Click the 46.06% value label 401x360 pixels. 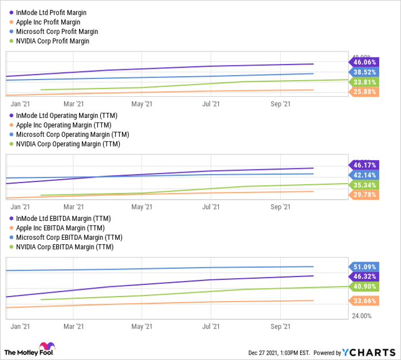(x=364, y=62)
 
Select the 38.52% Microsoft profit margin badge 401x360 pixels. (x=364, y=73)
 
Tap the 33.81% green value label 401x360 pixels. (x=364, y=82)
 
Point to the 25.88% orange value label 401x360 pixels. (x=364, y=92)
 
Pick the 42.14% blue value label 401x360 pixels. (x=364, y=175)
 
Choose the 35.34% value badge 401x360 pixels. (x=364, y=185)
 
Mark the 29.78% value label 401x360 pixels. (x=364, y=195)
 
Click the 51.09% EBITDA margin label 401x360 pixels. (x=364, y=267)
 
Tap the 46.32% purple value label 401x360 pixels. (x=364, y=276)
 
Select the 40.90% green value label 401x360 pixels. (x=364, y=286)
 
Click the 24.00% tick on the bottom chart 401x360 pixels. (x=361, y=316)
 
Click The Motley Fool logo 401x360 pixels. (x=29, y=350)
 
